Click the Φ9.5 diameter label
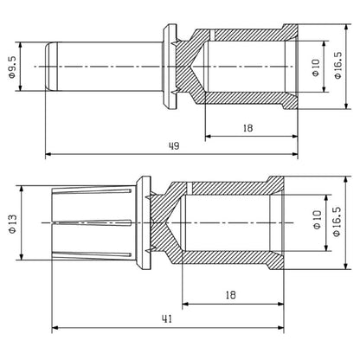12,67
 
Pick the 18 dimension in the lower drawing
229,294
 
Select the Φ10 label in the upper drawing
317,68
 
